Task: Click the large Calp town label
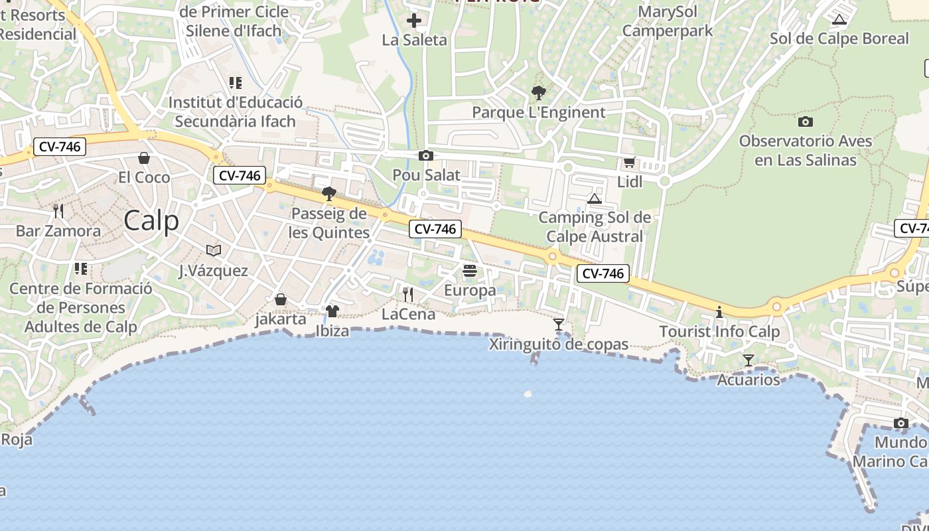point(151,220)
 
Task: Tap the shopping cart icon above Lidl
point(629,162)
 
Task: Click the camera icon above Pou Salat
point(426,156)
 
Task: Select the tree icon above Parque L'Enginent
point(538,93)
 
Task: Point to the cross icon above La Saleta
point(414,21)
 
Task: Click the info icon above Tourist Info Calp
point(719,312)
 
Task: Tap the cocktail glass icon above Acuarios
point(749,360)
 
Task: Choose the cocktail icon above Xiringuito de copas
point(559,325)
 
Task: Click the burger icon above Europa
point(470,271)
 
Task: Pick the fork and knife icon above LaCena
point(408,294)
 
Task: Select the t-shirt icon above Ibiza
point(332,311)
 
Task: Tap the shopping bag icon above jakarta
point(281,300)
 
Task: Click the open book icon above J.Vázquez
point(213,250)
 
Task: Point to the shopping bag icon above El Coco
point(143,158)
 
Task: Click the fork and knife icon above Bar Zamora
point(58,211)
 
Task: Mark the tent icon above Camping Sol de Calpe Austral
point(595,198)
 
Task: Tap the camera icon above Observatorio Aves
point(806,121)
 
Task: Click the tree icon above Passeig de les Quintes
point(328,194)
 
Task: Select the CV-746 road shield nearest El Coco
point(60,147)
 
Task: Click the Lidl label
point(630,182)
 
